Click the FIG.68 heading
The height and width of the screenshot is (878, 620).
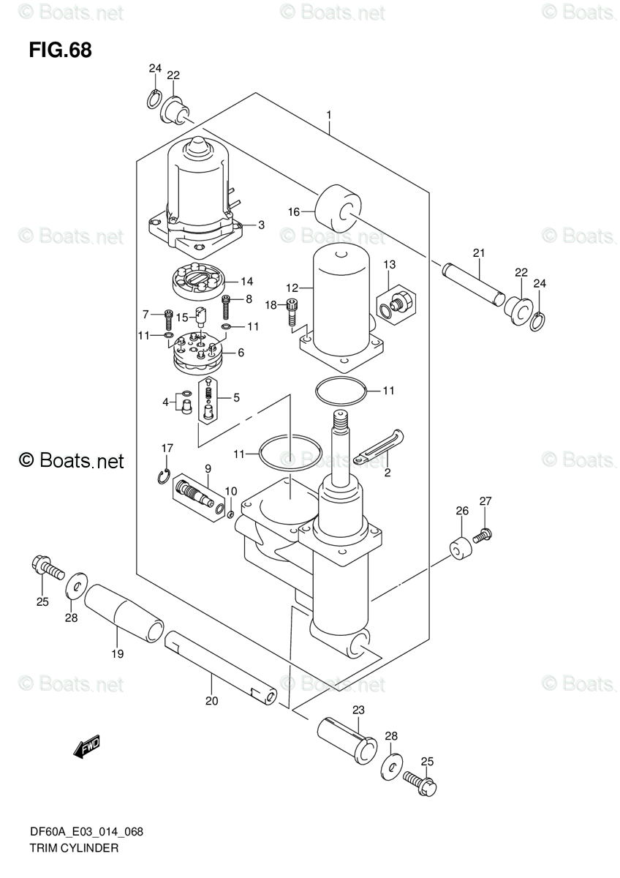click(60, 50)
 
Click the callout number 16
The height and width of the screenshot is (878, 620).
click(294, 212)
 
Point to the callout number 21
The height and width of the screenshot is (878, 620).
click(479, 253)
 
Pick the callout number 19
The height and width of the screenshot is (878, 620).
click(118, 654)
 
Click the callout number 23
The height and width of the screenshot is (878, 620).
click(358, 710)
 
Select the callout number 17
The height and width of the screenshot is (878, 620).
click(167, 448)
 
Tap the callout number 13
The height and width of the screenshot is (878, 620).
click(389, 265)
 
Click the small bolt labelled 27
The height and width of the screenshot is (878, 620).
click(483, 535)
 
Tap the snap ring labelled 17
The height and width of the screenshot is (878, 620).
click(164, 476)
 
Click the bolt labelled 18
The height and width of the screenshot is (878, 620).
click(291, 312)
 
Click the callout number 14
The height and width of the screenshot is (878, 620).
click(246, 282)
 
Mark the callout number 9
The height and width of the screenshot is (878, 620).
click(208, 469)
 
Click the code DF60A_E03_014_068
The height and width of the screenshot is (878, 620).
click(86, 832)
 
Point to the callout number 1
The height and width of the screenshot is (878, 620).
click(329, 115)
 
